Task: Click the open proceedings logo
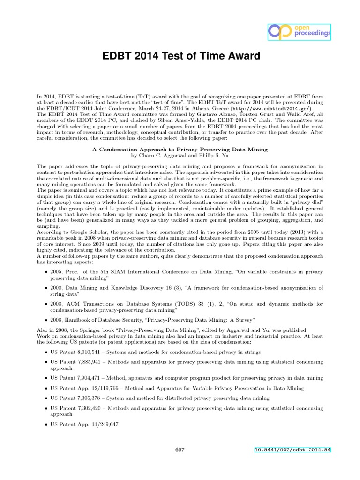pyautogui.click(x=299, y=31)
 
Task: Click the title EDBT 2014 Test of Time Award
pyautogui.click(x=181, y=57)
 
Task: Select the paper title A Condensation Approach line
pyautogui.click(x=180, y=150)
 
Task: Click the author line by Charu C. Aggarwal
pyautogui.click(x=180, y=155)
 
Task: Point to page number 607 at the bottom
pyautogui.click(x=180, y=450)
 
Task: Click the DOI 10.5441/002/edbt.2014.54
pyautogui.click(x=292, y=450)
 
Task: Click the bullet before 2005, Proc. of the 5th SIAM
pyautogui.click(x=45, y=272)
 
